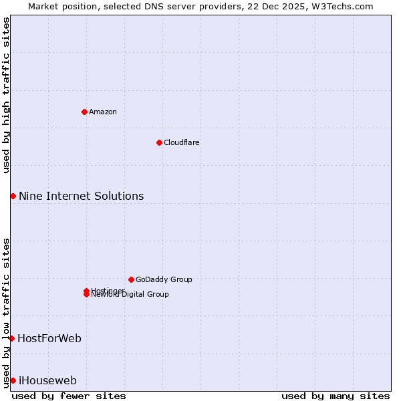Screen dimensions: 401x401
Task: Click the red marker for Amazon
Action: coord(84,112)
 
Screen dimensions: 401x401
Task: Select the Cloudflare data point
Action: coord(159,142)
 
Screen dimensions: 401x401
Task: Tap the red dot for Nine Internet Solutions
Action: coord(13,196)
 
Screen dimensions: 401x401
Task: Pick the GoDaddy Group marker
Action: coord(131,279)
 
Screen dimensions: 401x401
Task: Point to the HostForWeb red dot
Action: coord(11,338)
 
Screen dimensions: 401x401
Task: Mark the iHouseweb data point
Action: coord(13,380)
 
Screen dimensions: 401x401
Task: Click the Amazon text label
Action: coord(103,112)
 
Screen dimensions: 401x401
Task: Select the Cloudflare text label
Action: coord(182,142)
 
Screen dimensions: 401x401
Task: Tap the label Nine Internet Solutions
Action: coord(81,196)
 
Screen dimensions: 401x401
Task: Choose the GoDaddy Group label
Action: coord(164,279)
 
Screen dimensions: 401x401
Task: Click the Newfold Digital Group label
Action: coord(130,295)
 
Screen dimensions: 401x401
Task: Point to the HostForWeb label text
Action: coord(49,338)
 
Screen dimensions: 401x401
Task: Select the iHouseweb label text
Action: coord(47,380)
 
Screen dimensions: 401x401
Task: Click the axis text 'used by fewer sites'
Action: coord(69,396)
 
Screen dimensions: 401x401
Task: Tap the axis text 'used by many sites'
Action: coord(336,396)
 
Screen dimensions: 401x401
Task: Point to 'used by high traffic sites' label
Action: coord(6,95)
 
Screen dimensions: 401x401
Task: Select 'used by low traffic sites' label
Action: coord(6,312)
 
